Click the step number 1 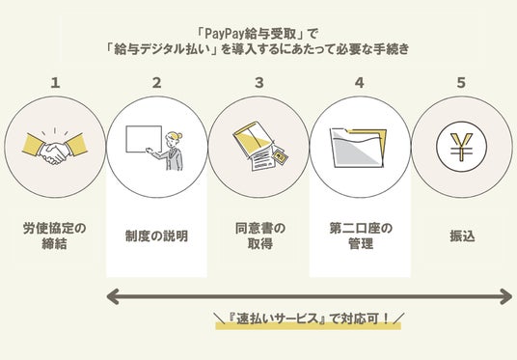(x=55, y=82)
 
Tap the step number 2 (x=157, y=82)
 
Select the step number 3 (x=259, y=82)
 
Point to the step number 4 (x=360, y=82)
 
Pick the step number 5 (x=461, y=82)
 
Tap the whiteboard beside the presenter (x=144, y=139)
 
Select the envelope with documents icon (x=259, y=146)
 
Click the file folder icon (x=359, y=148)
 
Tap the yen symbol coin (x=462, y=147)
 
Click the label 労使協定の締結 (x=55, y=235)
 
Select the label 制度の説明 (x=156, y=235)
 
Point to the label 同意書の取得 (x=260, y=235)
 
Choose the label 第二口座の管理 (x=361, y=235)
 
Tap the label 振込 (x=462, y=235)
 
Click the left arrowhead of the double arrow (x=113, y=296)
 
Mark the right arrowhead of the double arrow (x=505, y=296)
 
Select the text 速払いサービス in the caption (x=277, y=318)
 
